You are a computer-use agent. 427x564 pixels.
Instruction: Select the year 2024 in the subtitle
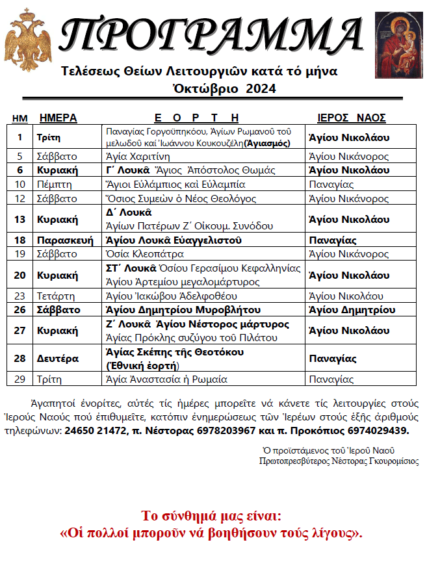coord(261,88)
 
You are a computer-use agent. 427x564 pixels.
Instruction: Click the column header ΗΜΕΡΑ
coord(58,118)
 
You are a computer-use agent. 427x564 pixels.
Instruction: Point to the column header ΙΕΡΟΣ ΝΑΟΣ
coord(352,118)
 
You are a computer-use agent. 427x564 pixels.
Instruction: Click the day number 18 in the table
coord(19,240)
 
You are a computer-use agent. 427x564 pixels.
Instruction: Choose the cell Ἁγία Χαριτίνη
coord(137,156)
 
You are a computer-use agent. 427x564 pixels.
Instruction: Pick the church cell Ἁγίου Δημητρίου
coord(352,310)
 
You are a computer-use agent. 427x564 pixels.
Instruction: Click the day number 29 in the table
coord(19,379)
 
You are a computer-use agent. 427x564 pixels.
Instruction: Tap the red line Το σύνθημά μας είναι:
coord(212,517)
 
